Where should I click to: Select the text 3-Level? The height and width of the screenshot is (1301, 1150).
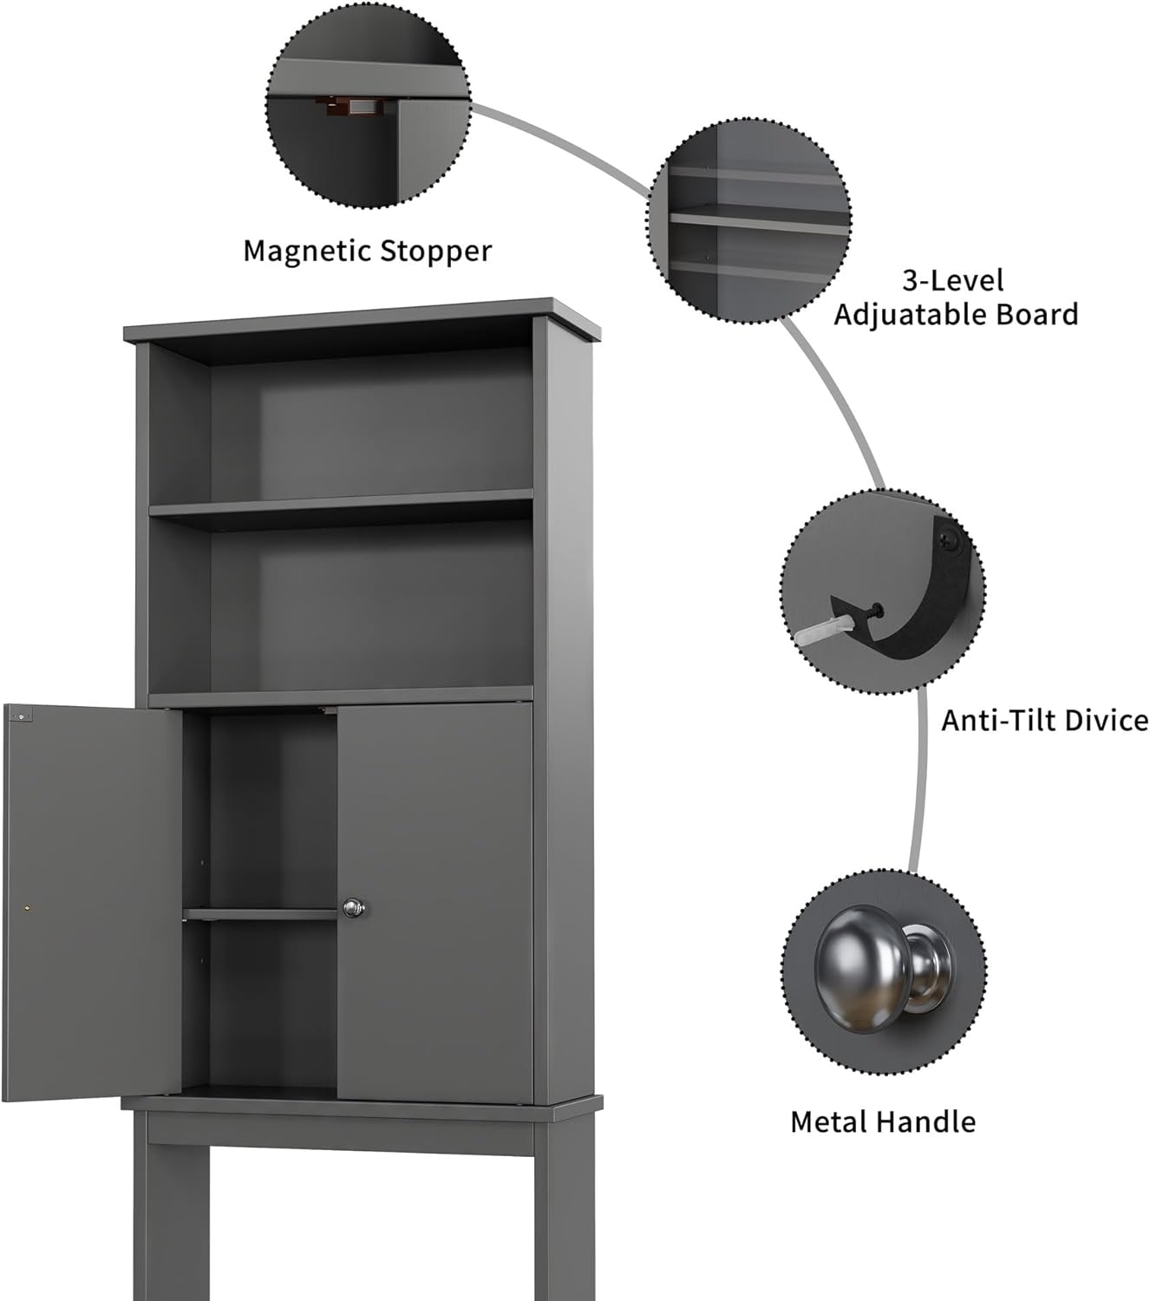tap(953, 281)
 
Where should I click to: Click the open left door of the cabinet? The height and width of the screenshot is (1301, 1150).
tap(91, 902)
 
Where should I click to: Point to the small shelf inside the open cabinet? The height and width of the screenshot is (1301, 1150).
tap(260, 913)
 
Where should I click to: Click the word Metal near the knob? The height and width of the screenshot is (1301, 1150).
tap(828, 1121)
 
